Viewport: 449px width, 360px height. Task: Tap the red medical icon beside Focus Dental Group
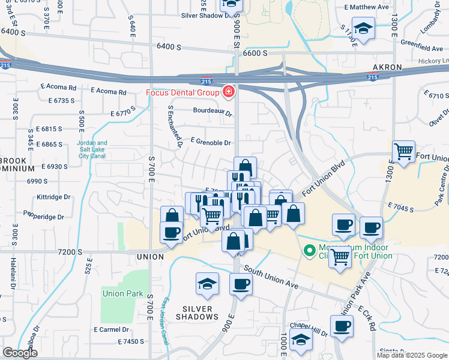click(x=229, y=92)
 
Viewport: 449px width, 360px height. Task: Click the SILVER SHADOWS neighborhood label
click(x=197, y=313)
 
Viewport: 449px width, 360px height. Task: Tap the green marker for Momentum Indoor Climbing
click(x=310, y=251)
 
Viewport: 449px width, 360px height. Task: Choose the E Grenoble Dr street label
click(x=211, y=143)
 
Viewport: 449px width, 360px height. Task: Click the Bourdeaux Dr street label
click(x=212, y=111)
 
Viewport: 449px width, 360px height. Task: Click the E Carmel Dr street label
click(x=112, y=329)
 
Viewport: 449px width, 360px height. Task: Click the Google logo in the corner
click(x=20, y=353)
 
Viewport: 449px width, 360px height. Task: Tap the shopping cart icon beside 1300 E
click(x=404, y=152)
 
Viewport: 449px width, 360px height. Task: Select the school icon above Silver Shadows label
click(x=208, y=283)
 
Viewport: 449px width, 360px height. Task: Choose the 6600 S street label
click(x=255, y=53)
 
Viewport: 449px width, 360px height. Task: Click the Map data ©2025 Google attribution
click(x=412, y=355)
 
